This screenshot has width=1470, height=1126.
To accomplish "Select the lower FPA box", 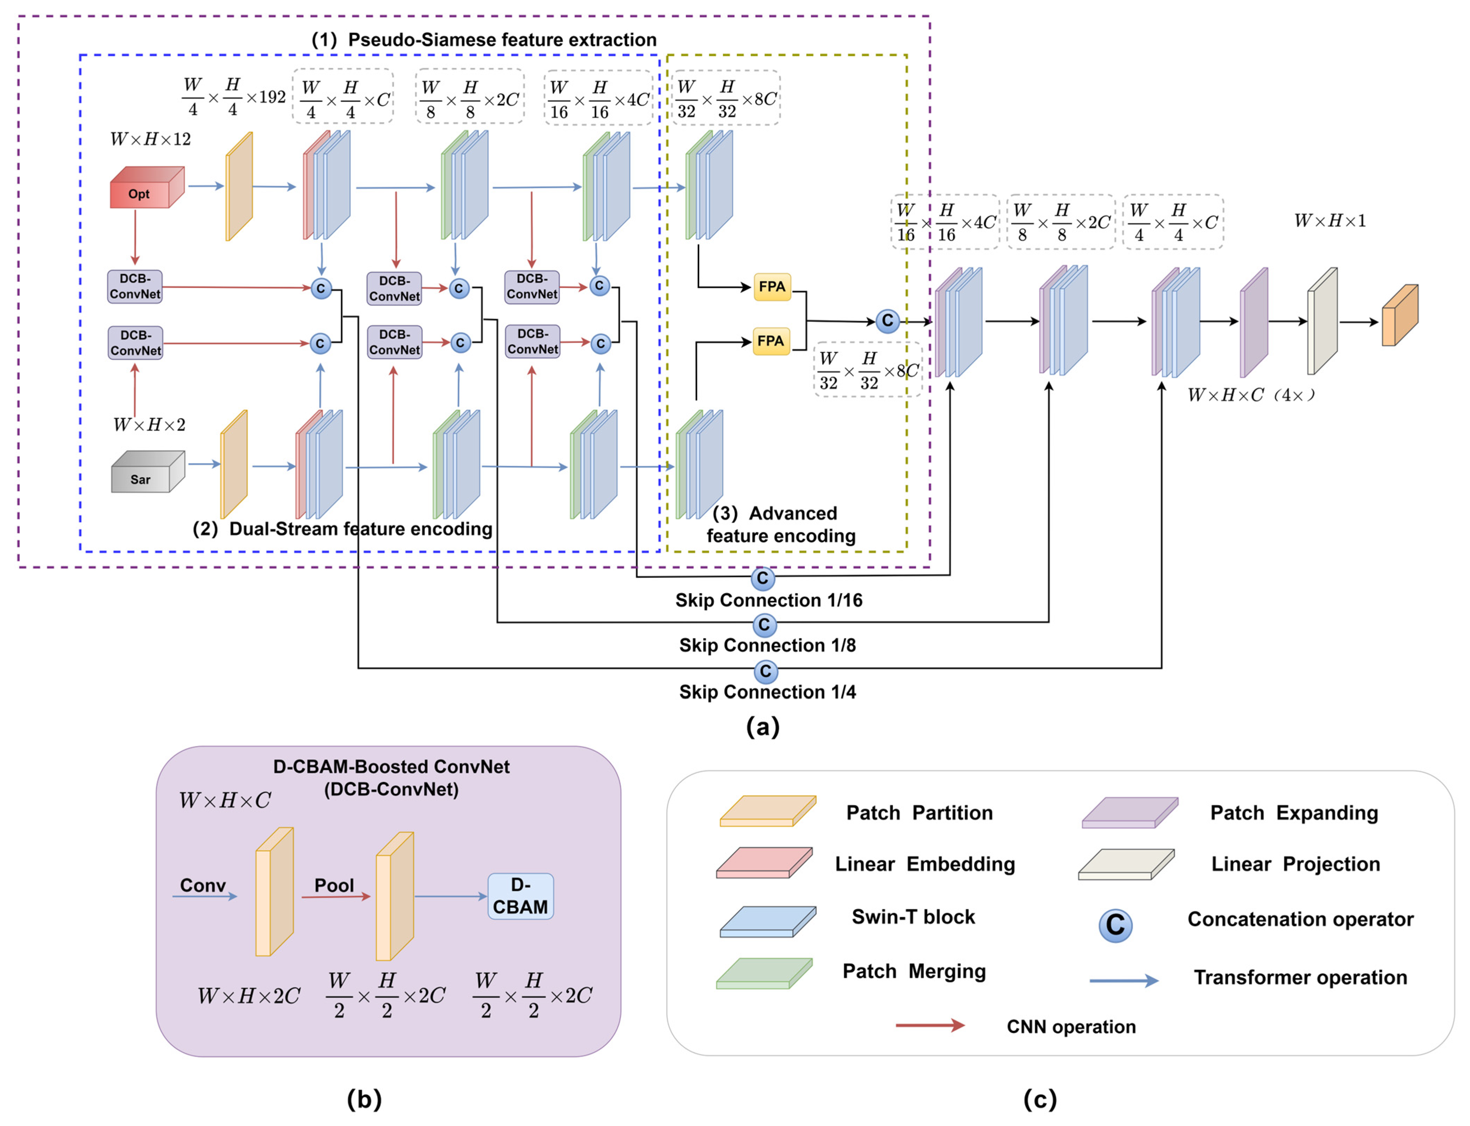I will pos(770,341).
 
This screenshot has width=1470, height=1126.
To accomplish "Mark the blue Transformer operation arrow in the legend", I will pos(1123,981).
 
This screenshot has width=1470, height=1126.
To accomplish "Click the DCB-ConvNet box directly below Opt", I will pos(135,286).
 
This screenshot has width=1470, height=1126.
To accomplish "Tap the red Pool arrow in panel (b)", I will pos(335,896).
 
